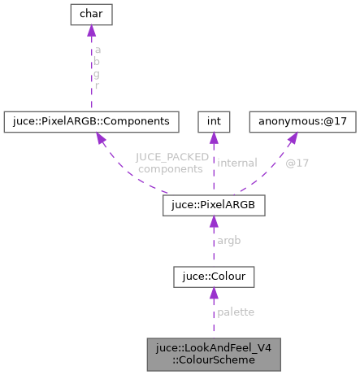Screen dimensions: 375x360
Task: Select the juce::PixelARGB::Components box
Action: tap(91, 121)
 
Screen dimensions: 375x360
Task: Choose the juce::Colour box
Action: tap(214, 278)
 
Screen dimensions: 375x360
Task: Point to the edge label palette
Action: tap(236, 312)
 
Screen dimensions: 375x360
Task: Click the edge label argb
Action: tap(229, 242)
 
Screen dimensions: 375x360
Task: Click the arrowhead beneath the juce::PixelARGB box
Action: tap(214, 222)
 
